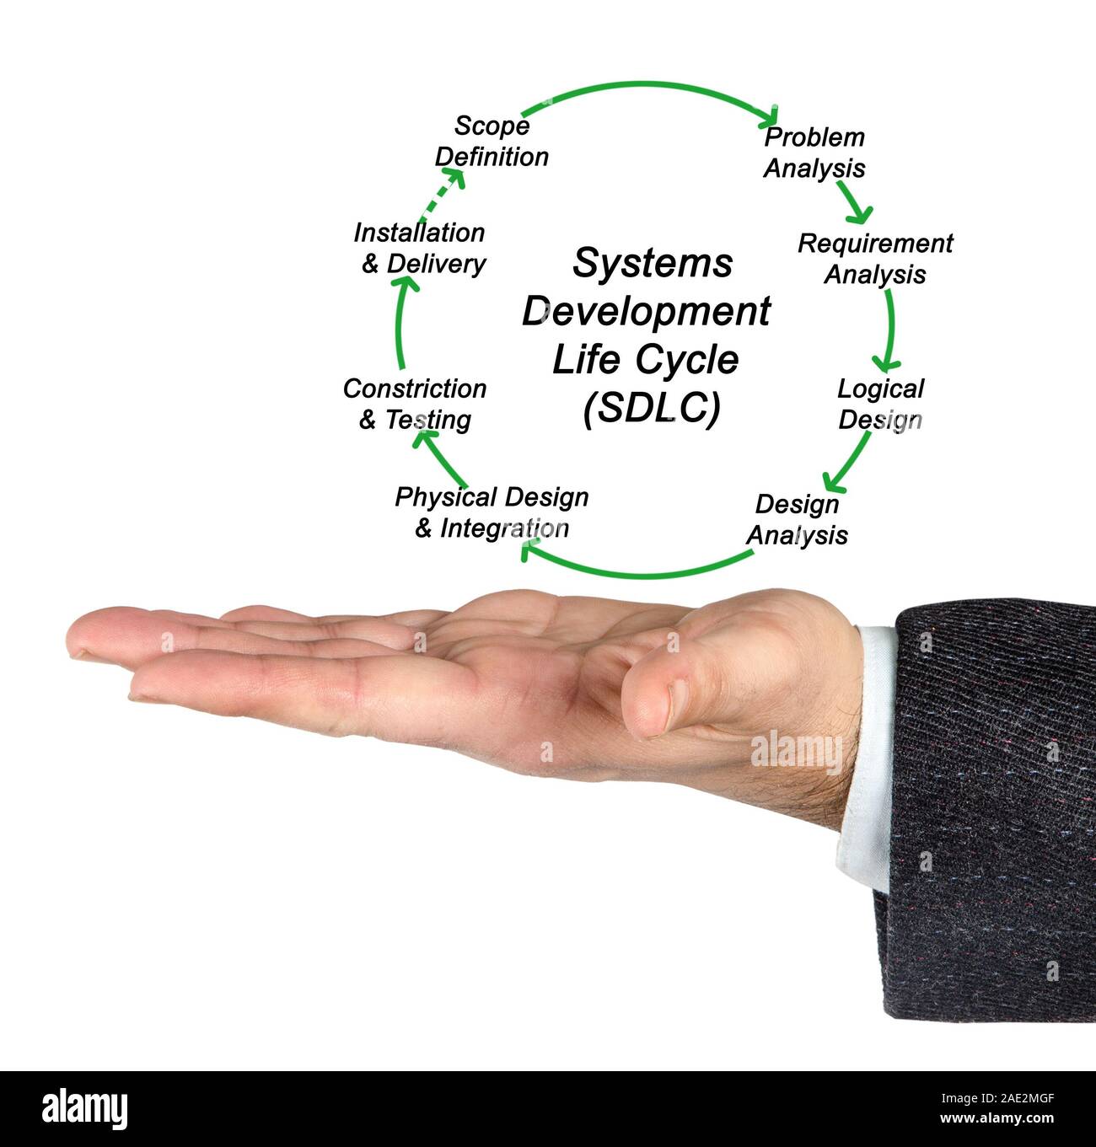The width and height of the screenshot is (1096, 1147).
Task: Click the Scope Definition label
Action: tap(492, 142)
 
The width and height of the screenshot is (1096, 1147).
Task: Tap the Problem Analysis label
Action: tap(814, 153)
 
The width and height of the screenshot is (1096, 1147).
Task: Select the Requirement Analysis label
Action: tap(875, 259)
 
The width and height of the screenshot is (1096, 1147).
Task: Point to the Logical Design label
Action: tap(880, 405)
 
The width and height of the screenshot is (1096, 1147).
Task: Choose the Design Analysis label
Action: tap(797, 520)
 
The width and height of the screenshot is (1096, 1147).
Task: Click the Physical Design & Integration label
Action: tap(492, 512)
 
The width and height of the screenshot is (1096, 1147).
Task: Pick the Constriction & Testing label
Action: tap(415, 405)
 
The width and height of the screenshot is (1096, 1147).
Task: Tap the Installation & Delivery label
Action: tap(420, 248)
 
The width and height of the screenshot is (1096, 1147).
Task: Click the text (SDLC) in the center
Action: tap(652, 408)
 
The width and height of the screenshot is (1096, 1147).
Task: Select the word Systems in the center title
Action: tap(653, 263)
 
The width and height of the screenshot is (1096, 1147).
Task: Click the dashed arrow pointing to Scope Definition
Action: tap(442, 194)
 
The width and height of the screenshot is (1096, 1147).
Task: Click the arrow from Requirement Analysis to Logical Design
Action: tap(890, 330)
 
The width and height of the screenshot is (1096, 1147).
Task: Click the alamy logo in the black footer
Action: tap(84, 1110)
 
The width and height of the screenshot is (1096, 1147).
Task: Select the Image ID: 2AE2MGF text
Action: tap(997, 1098)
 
